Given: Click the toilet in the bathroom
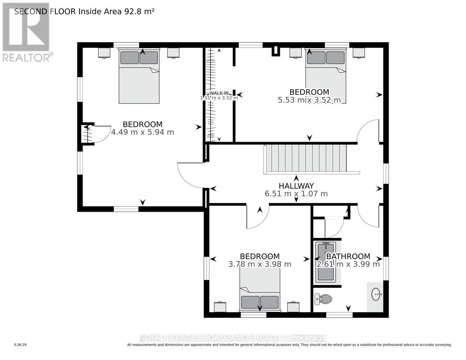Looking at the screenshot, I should pos(323,298).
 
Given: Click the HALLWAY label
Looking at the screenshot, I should pos(296,186).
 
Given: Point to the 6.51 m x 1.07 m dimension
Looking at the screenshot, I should pos(296,194).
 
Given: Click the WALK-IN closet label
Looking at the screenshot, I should pos(219,93).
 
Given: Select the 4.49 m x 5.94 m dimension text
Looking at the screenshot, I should pos(143,132).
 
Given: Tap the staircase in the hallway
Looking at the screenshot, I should pos(306,159).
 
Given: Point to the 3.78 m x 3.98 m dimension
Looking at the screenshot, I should pos(260,264).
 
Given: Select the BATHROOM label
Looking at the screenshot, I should pos(348,256).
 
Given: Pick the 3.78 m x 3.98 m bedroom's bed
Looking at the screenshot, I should pos(260,292).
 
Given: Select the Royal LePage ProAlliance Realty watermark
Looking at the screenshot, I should pos(233,338).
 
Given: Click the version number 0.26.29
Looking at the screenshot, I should pos(20,345).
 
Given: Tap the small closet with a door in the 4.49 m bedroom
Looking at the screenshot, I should pos(88,134).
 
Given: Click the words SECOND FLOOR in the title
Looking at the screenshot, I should pos(45,11).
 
